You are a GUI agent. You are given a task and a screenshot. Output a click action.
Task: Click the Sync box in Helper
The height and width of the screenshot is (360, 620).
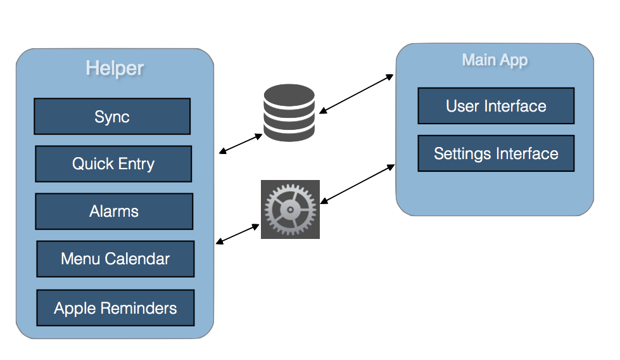pyautogui.click(x=112, y=117)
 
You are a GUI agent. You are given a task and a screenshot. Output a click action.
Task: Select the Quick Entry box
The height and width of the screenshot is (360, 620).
pyautogui.click(x=113, y=164)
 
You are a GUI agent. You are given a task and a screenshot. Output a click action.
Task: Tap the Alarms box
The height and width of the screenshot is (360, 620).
pyautogui.click(x=114, y=211)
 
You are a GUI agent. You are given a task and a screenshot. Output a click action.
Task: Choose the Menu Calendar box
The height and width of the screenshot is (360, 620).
pyautogui.click(x=115, y=259)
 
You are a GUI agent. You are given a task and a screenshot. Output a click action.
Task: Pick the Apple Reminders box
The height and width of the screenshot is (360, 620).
pyautogui.click(x=115, y=308)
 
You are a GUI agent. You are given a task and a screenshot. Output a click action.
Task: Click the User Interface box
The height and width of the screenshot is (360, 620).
pyautogui.click(x=496, y=106)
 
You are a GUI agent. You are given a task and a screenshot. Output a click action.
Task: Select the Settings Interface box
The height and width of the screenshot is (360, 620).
pyautogui.click(x=496, y=153)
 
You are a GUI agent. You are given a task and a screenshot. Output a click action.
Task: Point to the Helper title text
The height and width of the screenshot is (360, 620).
pyautogui.click(x=115, y=68)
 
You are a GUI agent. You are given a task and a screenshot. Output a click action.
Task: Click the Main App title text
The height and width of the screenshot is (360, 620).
pyautogui.click(x=495, y=60)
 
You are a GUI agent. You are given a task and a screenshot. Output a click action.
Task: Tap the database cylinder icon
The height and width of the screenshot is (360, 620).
pyautogui.click(x=289, y=113)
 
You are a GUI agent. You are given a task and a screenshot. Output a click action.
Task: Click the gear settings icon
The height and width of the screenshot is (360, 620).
pyautogui.click(x=290, y=209)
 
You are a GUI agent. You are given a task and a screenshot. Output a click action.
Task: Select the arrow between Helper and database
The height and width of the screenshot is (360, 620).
pyautogui.click(x=241, y=143)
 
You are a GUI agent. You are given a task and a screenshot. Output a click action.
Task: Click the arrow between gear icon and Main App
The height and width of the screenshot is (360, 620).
pyautogui.click(x=358, y=184)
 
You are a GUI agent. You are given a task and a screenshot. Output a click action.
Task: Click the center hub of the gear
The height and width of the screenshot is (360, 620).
pyautogui.click(x=289, y=210)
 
